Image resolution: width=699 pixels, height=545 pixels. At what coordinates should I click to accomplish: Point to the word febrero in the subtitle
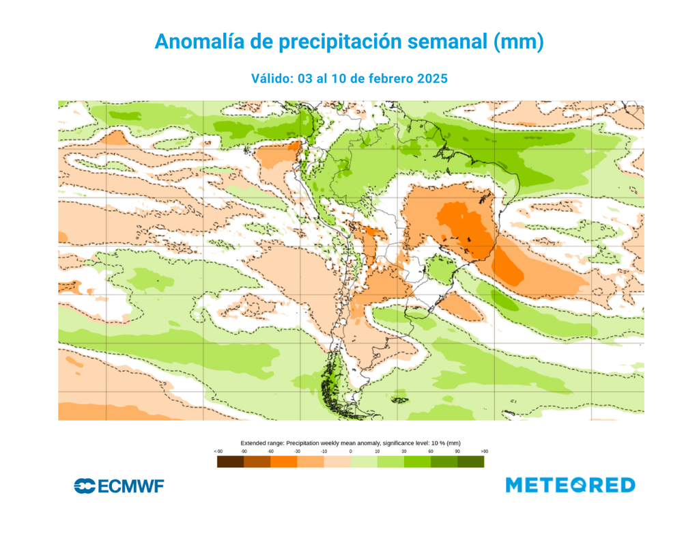pos(373,79)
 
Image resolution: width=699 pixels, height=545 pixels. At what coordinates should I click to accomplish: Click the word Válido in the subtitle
pos(272,79)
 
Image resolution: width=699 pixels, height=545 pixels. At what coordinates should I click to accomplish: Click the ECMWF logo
pos(119,486)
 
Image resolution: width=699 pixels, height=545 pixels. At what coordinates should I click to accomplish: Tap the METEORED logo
pos(570,485)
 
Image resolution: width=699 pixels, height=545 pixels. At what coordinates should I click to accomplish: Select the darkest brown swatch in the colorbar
pos(230,462)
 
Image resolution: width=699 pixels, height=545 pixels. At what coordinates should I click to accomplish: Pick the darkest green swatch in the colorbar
pos(470,462)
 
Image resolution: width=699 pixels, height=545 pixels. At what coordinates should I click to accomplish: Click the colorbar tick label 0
pos(350,451)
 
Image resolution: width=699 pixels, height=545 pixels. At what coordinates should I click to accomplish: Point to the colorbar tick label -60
pos(270,451)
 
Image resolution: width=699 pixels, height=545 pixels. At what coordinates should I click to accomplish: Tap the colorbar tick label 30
pos(403,451)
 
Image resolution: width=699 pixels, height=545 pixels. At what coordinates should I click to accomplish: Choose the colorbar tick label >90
pos(484,451)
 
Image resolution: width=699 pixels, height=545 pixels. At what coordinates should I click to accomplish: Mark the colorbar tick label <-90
pos(218,451)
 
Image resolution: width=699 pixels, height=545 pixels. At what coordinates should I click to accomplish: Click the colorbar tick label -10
pos(324,451)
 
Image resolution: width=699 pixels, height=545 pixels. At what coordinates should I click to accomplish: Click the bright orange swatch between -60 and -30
pos(283,462)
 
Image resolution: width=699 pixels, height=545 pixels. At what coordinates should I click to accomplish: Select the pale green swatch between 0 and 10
pos(363,462)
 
